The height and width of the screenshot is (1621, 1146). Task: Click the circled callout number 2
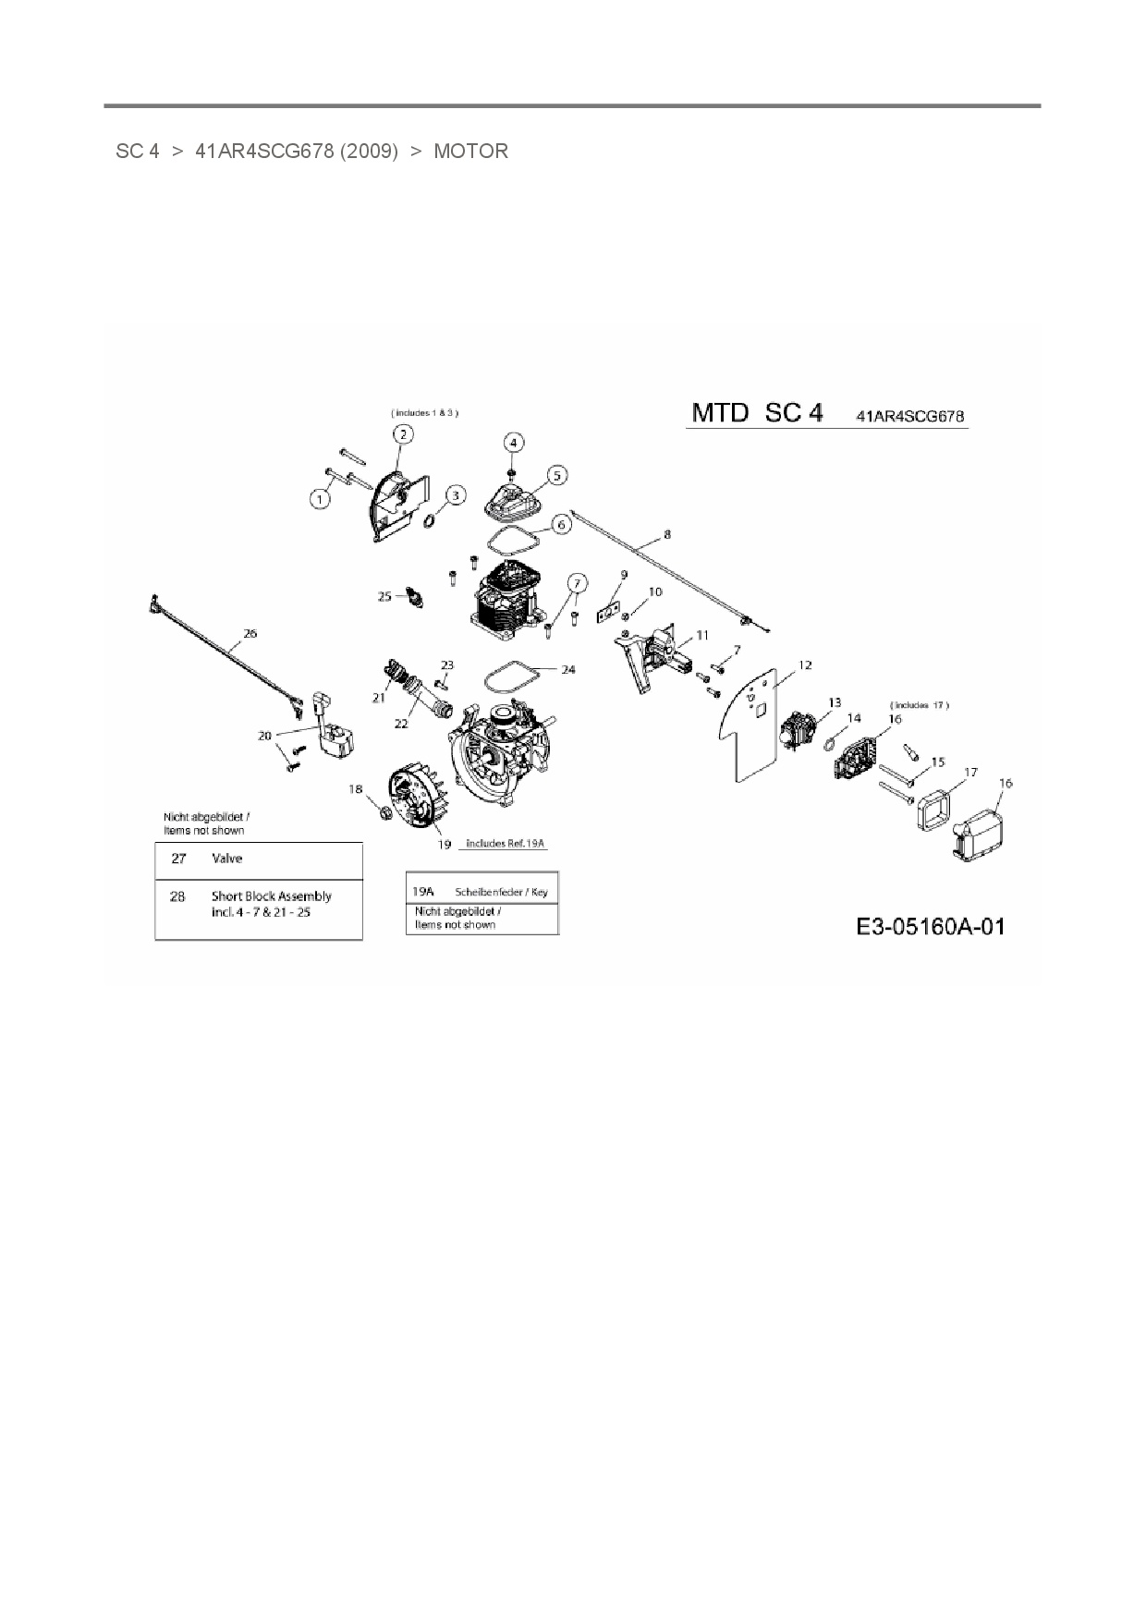[x=402, y=433]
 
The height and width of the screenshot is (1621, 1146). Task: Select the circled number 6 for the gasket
[x=560, y=524]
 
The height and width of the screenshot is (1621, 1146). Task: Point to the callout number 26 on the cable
[x=250, y=633]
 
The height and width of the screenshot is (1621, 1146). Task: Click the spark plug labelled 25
[x=414, y=598]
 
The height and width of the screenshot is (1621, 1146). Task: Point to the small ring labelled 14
[x=831, y=742]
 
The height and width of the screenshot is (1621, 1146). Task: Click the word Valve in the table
[x=227, y=859]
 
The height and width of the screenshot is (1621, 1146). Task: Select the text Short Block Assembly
[x=271, y=896]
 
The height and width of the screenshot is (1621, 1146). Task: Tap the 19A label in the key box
[x=422, y=891]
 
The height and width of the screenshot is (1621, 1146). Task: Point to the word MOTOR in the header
[x=470, y=151]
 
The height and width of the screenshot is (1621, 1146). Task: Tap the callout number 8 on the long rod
[x=667, y=534]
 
